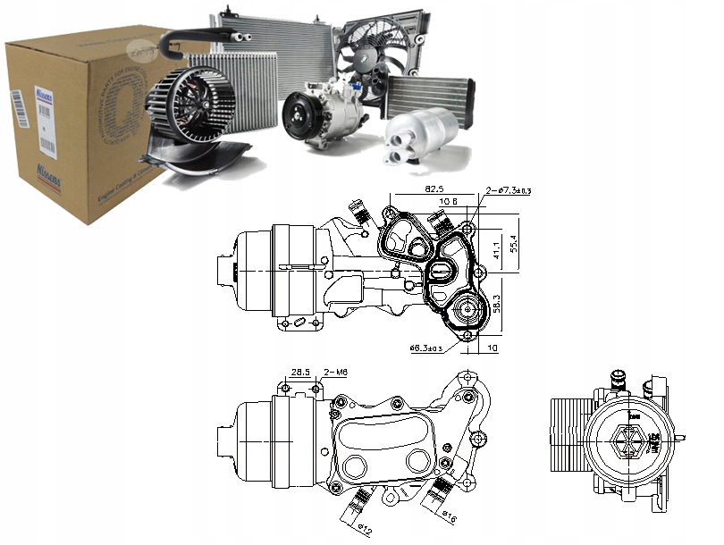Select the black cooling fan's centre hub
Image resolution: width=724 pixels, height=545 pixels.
pos(370,54)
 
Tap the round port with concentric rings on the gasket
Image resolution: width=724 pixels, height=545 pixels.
pos(465,313)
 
